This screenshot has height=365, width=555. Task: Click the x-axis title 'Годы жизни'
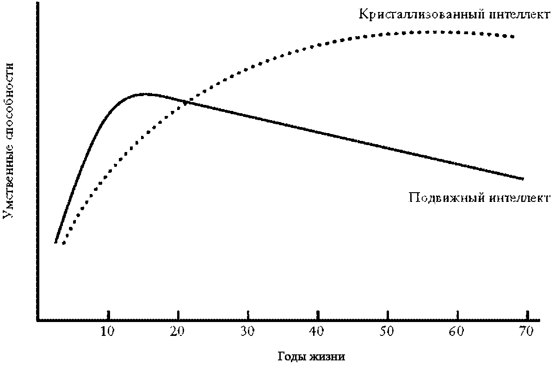311,357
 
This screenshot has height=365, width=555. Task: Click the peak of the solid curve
145,94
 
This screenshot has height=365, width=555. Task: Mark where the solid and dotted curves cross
185,102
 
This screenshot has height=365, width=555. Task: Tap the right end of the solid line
523,178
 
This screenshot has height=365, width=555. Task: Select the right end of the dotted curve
512,36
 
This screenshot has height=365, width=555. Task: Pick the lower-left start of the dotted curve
64,243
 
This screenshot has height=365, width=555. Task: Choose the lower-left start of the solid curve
55,242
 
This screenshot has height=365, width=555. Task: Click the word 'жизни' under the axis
329,357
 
